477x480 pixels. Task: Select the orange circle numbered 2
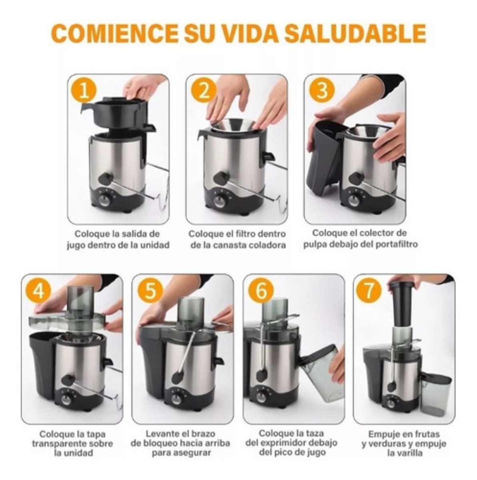tap(203, 91)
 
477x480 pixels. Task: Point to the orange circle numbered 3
tap(322, 91)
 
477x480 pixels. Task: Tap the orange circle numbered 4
tap(38, 291)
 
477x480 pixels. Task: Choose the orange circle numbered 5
tap(150, 291)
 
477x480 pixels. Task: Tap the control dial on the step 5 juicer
tap(176, 398)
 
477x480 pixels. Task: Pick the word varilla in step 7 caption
tap(404, 453)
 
